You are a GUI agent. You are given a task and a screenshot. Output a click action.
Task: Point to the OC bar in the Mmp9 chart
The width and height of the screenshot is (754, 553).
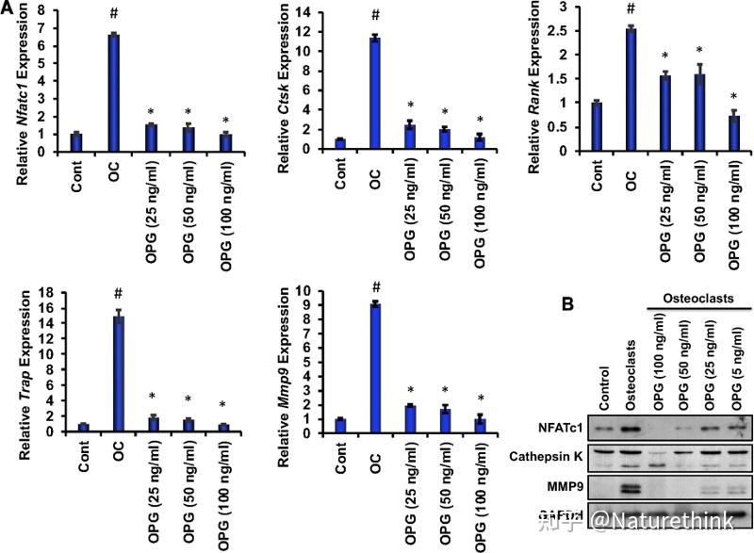pos(375,367)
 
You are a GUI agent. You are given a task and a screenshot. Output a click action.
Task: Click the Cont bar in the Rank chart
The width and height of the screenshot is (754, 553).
pos(595,126)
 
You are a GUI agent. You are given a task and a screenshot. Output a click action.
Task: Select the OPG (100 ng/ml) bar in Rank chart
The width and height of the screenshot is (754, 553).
pos(733,133)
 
